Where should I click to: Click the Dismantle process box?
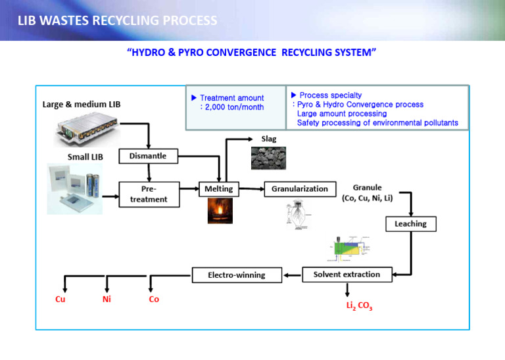pos(148,156)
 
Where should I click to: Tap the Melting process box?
pos(219,189)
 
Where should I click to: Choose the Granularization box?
pos(299,189)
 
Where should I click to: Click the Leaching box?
pos(410,224)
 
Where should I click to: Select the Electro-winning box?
pos(237,275)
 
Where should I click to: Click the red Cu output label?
pos(60,300)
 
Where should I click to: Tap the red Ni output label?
pos(107,300)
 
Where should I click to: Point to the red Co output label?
pos(154,300)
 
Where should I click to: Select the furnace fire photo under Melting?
pos(220,211)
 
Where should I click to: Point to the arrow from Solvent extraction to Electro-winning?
pos(292,275)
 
